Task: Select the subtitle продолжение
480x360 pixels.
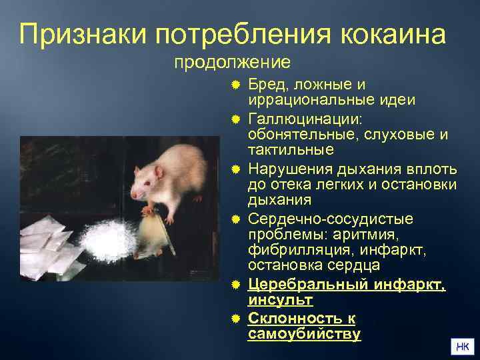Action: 232,63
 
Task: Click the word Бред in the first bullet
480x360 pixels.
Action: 266,85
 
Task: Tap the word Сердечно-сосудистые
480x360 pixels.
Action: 330,219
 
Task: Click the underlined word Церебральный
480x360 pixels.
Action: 309,285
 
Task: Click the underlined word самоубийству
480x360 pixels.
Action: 304,334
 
